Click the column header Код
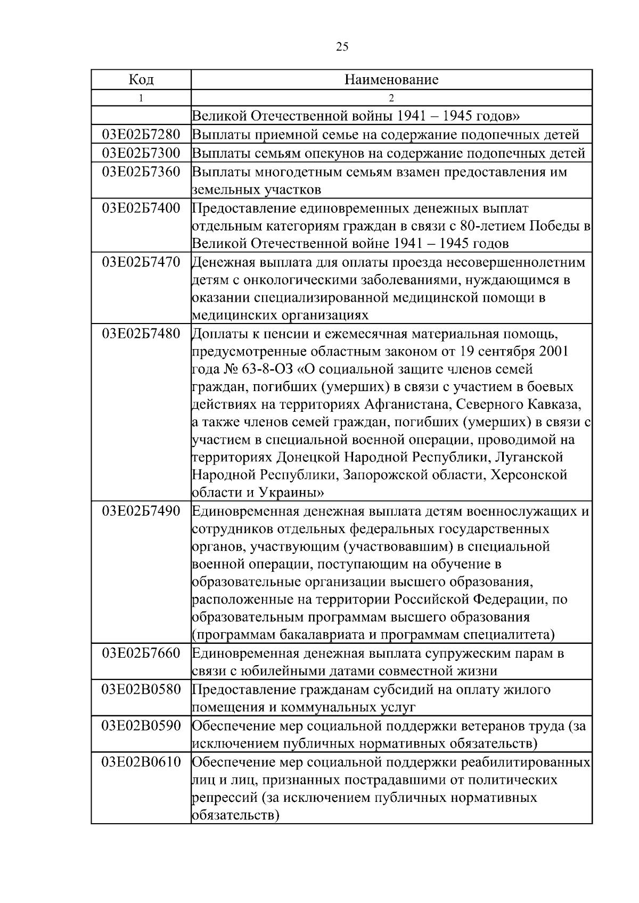coord(141,80)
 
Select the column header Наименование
coord(391,80)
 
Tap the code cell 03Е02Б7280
coord(141,135)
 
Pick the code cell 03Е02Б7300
coord(141,153)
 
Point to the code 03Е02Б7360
coord(141,172)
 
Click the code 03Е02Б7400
coord(141,208)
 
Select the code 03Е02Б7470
coord(141,262)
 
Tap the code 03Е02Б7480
coord(141,334)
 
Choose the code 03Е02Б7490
coord(141,511)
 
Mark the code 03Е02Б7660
coord(141,653)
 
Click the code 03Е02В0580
coord(141,690)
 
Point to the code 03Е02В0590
coord(141,725)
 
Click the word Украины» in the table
coord(292,492)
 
